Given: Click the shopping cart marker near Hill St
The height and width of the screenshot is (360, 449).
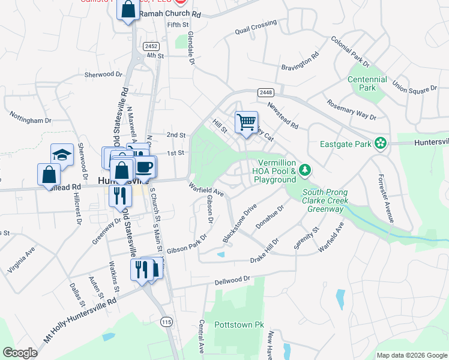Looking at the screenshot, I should [x=246, y=123].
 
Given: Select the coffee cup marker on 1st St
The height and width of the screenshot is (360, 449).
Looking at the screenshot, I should [x=144, y=166].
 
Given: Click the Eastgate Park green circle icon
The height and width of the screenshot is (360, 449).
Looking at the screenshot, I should [x=379, y=143].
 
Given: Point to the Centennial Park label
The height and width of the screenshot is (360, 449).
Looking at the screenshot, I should [x=367, y=83].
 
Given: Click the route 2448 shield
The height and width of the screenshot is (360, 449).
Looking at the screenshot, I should [x=266, y=92].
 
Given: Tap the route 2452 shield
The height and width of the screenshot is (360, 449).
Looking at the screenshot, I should [x=151, y=46].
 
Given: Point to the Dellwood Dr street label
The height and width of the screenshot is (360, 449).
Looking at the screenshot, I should [x=232, y=280].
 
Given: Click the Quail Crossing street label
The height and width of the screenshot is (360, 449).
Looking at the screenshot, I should [x=256, y=26].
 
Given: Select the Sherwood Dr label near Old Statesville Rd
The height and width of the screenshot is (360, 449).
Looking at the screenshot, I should [x=103, y=74].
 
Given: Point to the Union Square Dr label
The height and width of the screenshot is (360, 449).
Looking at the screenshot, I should [x=415, y=85].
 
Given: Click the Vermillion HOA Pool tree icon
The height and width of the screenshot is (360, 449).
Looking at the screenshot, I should [x=306, y=171].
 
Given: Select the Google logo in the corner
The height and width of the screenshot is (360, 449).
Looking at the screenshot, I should [x=20, y=353].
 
